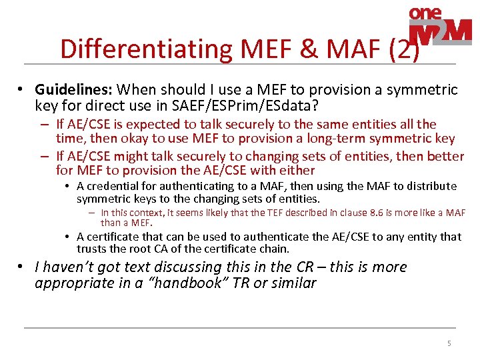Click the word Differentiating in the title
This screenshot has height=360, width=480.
tap(143, 49)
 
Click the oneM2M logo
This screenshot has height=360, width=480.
tap(439, 27)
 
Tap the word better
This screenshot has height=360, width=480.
tap(443, 156)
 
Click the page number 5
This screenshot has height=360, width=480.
tap(449, 343)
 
